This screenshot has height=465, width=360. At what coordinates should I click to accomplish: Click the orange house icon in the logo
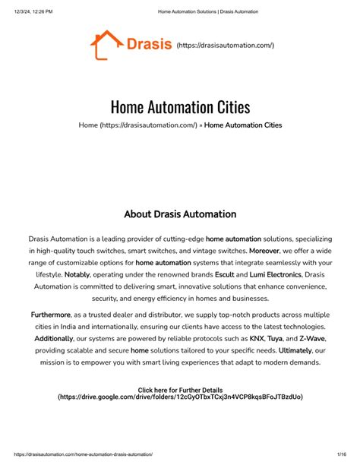click(x=106, y=45)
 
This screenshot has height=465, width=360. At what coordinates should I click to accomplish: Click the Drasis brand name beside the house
click(x=149, y=46)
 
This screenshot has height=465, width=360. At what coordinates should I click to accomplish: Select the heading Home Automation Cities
click(x=180, y=107)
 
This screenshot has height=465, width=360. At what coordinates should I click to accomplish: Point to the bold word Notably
click(x=77, y=274)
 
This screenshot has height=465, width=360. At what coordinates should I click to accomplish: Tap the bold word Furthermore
click(x=51, y=314)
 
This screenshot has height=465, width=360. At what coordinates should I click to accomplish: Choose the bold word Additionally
click(x=54, y=338)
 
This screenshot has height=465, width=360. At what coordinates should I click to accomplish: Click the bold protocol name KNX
click(x=258, y=338)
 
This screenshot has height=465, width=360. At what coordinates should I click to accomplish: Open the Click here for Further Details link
click(x=180, y=390)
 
